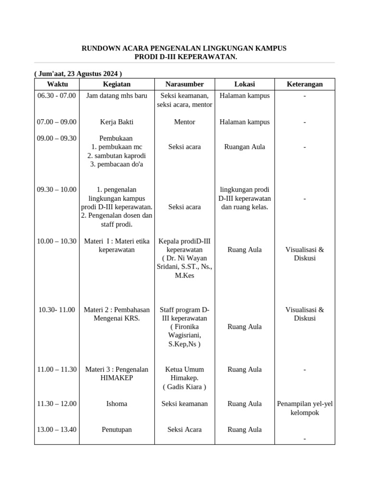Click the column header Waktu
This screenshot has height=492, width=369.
pos(57,84)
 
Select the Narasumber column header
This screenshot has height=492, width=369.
pos(184,84)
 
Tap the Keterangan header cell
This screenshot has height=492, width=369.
pos(305,84)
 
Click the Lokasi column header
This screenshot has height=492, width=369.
pos(245,84)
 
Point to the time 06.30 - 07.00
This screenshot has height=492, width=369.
pos(57,96)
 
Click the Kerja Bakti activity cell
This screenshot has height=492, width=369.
pos(117,122)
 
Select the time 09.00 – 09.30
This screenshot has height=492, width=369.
pos(57,138)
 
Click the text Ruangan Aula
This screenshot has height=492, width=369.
pos(245,147)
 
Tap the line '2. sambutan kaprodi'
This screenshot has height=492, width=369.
pos(117,156)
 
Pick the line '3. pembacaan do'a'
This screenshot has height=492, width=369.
pos(117,164)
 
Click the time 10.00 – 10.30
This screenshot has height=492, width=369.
pos(57,241)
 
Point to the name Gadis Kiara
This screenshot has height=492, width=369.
pos(184,387)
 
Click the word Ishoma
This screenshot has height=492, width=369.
pos(117,404)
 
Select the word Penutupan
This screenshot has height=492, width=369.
pos(117,430)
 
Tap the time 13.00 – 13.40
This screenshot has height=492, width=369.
pos(57,430)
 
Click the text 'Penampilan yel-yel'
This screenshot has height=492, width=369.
pos(305,404)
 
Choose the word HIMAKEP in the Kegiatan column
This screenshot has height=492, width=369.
pos(117,378)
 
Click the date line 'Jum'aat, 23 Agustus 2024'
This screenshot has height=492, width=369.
pos(78,74)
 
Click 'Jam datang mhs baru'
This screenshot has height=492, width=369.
pos(117,96)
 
